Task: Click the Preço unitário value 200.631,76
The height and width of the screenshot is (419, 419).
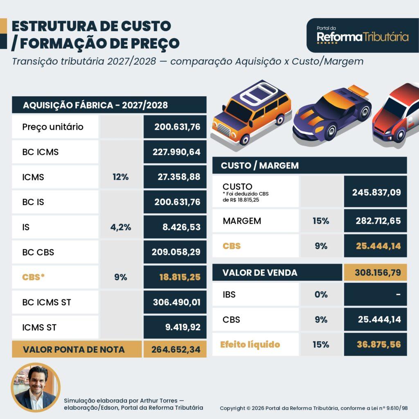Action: pyautogui.click(x=177, y=127)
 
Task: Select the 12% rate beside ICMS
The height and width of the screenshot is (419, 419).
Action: pyautogui.click(x=121, y=177)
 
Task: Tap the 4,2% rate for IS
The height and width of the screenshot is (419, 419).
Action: pyautogui.click(x=121, y=227)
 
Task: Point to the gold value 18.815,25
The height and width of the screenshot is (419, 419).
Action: pyautogui.click(x=180, y=277)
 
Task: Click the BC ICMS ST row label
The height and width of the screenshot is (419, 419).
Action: pyautogui.click(x=47, y=302)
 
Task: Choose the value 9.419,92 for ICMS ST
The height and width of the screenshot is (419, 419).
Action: pyautogui.click(x=183, y=327)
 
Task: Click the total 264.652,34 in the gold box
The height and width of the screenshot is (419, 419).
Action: pyautogui.click(x=176, y=349)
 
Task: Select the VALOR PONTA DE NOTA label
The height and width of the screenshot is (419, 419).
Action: pyautogui.click(x=74, y=349)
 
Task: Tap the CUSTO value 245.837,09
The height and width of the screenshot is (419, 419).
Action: pyautogui.click(x=376, y=192)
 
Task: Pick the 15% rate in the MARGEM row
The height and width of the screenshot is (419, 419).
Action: pyautogui.click(x=321, y=221)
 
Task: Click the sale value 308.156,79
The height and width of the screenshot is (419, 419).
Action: pyautogui.click(x=378, y=273)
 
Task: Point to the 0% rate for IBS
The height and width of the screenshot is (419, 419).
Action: pyautogui.click(x=321, y=295)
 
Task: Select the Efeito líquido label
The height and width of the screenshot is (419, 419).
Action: pyautogui.click(x=250, y=345)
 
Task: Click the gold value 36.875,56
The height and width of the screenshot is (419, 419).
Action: pyautogui.click(x=379, y=345)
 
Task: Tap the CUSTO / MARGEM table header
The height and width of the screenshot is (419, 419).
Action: pyautogui.click(x=260, y=166)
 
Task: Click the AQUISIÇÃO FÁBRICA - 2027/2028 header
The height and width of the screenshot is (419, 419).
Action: pyautogui.click(x=95, y=105)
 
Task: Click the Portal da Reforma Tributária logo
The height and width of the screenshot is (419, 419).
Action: pyautogui.click(x=363, y=35)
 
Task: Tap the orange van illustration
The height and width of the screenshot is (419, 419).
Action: pyautogui.click(x=251, y=112)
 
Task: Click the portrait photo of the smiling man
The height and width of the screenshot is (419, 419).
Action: pyautogui.click(x=36, y=387)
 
